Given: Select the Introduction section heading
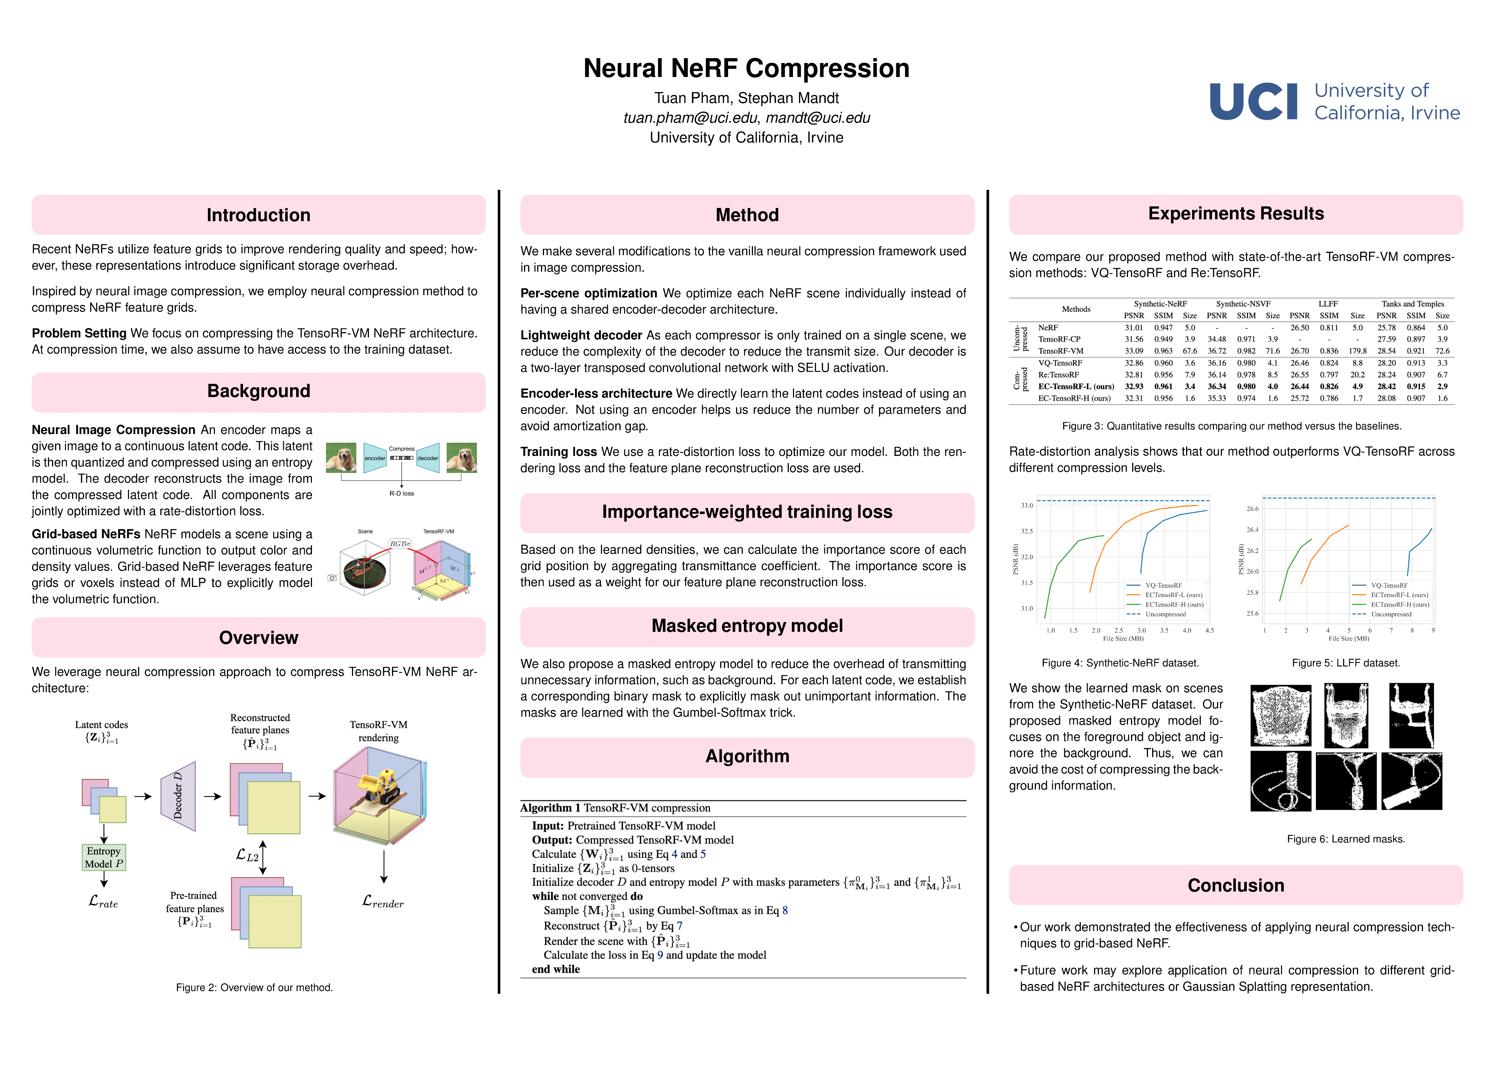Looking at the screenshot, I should point(258,215).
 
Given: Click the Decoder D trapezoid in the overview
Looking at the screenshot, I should point(178,796).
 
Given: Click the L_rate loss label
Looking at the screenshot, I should point(104,901).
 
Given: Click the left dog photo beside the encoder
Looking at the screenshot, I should point(341,457).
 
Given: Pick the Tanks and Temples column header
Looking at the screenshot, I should point(1412,304).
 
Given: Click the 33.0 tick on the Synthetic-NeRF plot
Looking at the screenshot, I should point(1027,505).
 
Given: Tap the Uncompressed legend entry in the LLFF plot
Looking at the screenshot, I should point(1390,614).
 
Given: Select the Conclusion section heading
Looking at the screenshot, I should point(1236,886).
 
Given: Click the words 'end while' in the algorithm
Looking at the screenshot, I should point(556,969).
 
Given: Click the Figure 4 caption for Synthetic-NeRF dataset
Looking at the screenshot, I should point(1120,663).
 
